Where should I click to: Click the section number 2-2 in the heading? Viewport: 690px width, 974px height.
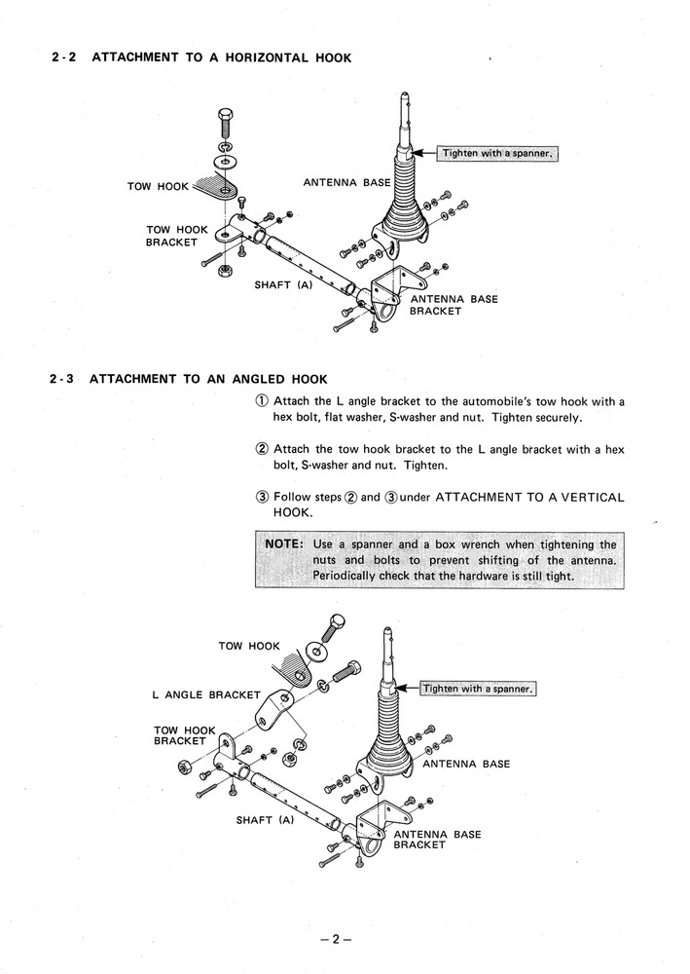[x=64, y=58]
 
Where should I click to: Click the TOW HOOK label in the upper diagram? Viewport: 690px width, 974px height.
[x=153, y=186]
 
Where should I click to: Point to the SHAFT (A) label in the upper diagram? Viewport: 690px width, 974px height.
[x=282, y=284]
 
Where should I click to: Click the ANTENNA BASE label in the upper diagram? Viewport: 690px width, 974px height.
[x=345, y=182]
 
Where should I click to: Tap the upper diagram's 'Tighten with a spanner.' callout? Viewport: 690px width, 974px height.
[x=497, y=154]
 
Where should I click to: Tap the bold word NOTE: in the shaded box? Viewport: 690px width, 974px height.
[x=284, y=544]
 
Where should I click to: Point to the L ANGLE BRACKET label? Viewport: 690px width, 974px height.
[x=206, y=695]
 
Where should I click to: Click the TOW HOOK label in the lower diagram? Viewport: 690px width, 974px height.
[x=249, y=646]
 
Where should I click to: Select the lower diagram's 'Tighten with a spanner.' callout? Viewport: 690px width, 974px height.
[x=478, y=689]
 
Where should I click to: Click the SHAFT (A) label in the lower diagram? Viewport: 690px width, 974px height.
[x=265, y=820]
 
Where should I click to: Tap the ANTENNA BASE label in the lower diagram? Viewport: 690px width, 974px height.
[x=465, y=765]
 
